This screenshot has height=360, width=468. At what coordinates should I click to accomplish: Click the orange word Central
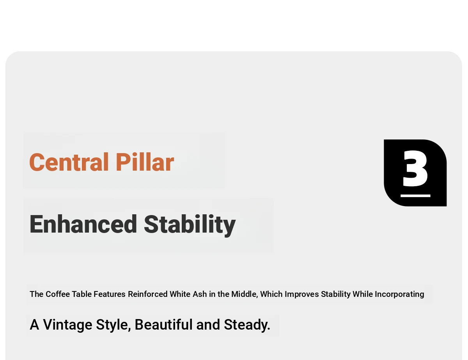(x=69, y=162)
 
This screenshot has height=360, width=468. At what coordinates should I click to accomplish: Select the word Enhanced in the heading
(x=83, y=224)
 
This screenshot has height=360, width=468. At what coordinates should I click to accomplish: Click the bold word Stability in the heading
(x=190, y=225)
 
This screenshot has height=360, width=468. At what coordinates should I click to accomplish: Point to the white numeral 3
(x=415, y=168)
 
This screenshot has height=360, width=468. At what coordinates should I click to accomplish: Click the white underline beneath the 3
(x=415, y=196)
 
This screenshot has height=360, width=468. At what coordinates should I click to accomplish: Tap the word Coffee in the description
(x=58, y=294)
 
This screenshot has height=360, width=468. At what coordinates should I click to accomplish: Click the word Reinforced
(x=148, y=294)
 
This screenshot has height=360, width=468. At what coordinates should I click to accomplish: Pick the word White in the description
(x=180, y=294)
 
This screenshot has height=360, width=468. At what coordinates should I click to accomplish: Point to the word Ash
(x=200, y=294)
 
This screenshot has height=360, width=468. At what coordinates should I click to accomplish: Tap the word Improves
(x=302, y=295)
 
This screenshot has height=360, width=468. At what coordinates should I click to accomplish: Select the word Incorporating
(x=399, y=295)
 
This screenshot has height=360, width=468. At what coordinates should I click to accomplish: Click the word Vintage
(x=67, y=325)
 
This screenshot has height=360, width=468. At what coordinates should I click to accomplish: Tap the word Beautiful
(x=164, y=324)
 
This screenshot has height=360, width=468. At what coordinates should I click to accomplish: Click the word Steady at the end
(x=247, y=325)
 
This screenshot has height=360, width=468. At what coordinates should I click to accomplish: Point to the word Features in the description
(x=110, y=294)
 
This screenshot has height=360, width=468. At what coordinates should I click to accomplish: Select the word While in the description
(x=363, y=294)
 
